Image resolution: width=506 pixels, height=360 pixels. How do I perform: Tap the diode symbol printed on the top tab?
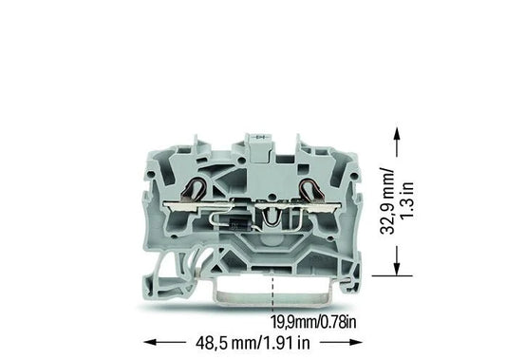point(259,138)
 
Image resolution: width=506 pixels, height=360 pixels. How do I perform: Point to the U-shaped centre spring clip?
point(271,216)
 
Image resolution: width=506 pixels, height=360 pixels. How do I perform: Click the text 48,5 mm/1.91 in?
point(253,343)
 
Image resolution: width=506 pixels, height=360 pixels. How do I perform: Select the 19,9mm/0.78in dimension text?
point(313,322)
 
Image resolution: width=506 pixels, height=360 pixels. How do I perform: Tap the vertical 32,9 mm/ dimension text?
point(387,200)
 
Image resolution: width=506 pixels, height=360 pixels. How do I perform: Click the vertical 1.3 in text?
point(407,200)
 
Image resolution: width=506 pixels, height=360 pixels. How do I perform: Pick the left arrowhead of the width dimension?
point(150,342)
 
